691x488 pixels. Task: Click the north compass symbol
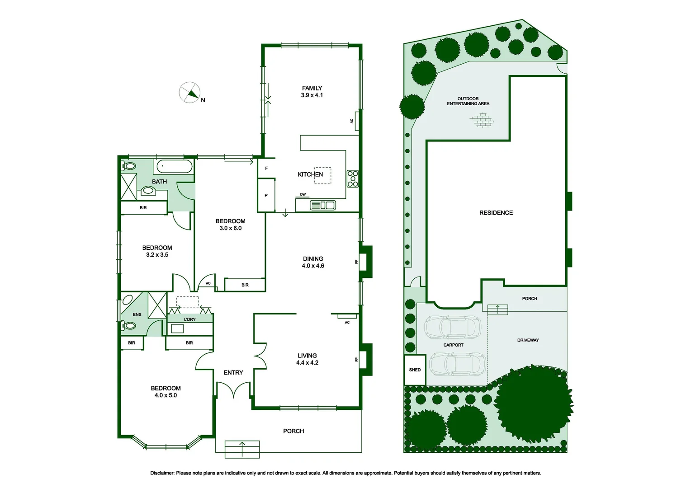[190, 93]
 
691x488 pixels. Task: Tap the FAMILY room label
[312, 88]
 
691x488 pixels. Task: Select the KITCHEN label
[310, 174]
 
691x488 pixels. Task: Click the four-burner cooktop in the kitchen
[353, 179]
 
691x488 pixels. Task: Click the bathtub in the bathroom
[175, 167]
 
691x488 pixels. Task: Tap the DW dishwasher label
[303, 195]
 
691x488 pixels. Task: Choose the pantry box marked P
[266, 195]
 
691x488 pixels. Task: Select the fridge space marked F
[266, 168]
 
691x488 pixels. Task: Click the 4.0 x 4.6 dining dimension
[313, 266]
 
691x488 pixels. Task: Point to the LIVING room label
[307, 356]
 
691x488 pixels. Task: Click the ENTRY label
[233, 372]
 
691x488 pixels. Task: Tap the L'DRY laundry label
[190, 319]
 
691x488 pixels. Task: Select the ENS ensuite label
[137, 314]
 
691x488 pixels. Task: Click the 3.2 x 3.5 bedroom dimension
[157, 255]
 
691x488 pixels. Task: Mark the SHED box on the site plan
[415, 370]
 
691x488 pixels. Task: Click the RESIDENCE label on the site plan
[496, 213]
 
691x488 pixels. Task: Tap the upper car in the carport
[453, 327]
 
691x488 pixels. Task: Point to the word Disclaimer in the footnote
[162, 473]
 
